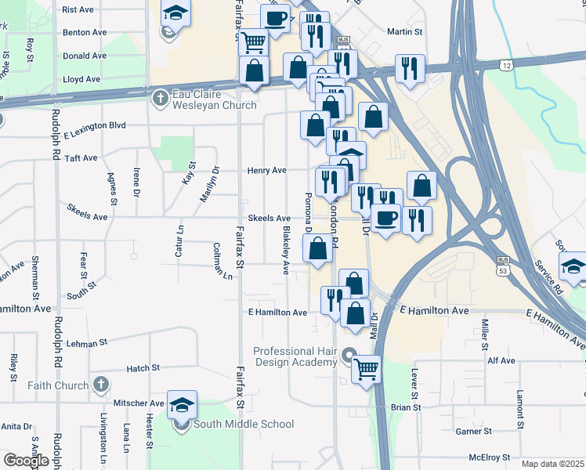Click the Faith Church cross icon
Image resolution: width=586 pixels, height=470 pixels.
(x=99, y=385)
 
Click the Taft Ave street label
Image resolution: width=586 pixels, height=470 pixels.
(x=81, y=157)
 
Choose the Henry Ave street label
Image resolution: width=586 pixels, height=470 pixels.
(x=267, y=170)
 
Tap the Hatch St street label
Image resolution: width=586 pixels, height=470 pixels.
(x=143, y=367)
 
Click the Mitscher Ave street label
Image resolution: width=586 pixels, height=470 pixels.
(x=139, y=403)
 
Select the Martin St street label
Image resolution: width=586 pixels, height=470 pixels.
(x=405, y=32)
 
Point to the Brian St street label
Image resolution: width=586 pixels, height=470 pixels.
(x=406, y=407)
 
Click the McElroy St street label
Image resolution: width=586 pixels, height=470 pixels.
(x=489, y=457)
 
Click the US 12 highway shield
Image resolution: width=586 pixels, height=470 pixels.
(x=508, y=65)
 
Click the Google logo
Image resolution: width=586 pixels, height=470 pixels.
(x=26, y=461)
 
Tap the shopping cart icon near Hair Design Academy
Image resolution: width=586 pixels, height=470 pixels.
(x=367, y=367)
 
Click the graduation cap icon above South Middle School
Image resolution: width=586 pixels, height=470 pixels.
(x=182, y=404)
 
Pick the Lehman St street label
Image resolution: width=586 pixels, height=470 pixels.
(x=86, y=343)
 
